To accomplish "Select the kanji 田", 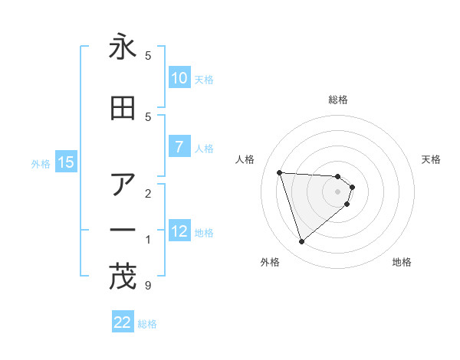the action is tap(123, 109).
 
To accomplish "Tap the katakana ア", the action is tap(123, 184).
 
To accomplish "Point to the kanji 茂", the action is tap(123, 277).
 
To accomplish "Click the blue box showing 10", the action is tap(179, 78).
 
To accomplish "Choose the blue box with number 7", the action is tap(179, 147).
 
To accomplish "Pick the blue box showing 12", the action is tap(179, 231).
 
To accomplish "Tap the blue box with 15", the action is tap(65, 162).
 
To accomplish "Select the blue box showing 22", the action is tap(123, 322).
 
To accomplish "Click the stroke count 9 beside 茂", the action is tap(147, 286).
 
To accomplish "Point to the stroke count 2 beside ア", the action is tap(147, 192).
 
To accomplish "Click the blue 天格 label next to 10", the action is tap(204, 79).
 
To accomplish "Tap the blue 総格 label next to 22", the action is tap(147, 324).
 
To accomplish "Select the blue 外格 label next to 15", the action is tap(41, 163).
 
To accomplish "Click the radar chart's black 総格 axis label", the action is tap(338, 100).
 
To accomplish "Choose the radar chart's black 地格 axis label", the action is tap(402, 263).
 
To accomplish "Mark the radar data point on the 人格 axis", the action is tap(280, 172).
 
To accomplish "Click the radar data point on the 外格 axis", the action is tap(301, 242).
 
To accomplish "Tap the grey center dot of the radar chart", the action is tap(338, 201).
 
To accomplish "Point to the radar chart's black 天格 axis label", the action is tap(431, 159).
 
